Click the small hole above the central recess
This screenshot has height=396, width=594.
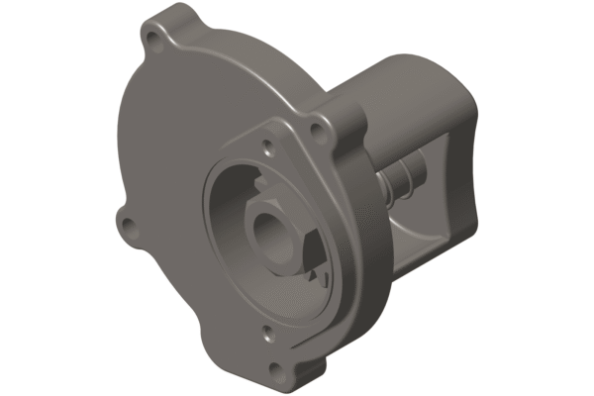click(268, 150)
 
